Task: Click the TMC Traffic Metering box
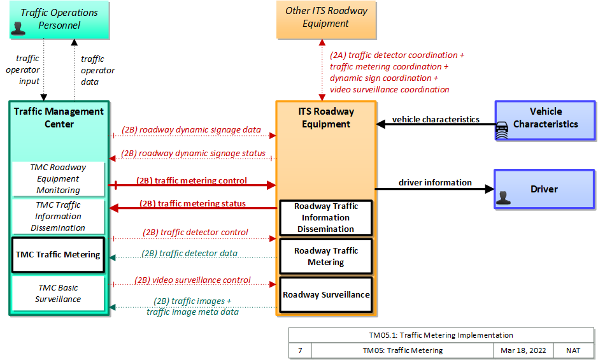pos(58,255)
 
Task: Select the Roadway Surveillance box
pos(326,295)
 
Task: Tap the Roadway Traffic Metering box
pos(326,256)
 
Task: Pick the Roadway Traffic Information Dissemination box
pos(326,218)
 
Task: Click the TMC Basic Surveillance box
pos(58,293)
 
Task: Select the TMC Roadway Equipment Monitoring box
pos(58,178)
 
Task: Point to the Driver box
pos(545,189)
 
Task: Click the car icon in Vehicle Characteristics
pos(501,130)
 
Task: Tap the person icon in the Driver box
pos(503,198)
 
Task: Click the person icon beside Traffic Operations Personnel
pos(18,28)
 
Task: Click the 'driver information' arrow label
pos(435,182)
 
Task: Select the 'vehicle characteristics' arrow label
pos(436,120)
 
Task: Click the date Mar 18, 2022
pos(523,350)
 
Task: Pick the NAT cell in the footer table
pos(573,350)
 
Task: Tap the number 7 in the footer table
pos(300,350)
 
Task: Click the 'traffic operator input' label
pos(24,70)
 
